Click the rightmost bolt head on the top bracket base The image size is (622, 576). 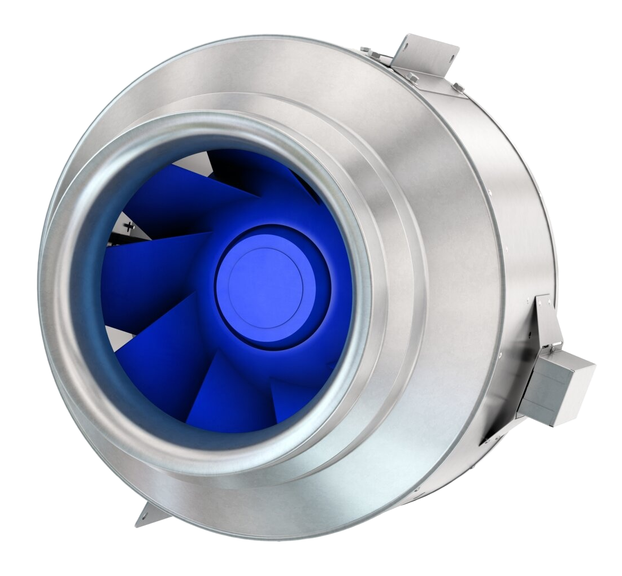point(456,87)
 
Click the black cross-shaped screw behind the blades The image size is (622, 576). point(131,228)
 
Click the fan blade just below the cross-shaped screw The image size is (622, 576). point(153,265)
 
